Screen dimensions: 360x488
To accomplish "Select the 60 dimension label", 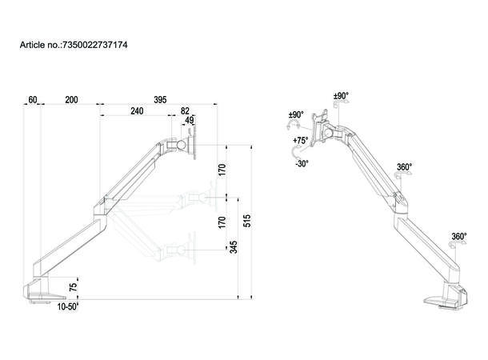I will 33,100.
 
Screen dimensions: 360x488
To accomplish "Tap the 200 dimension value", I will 71,100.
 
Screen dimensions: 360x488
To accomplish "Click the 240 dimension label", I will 137,112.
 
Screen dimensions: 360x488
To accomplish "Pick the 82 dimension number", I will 185,112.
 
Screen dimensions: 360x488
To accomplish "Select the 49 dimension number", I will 190,122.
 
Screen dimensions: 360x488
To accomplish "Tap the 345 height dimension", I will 233,246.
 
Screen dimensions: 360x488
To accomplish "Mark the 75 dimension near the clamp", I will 74,286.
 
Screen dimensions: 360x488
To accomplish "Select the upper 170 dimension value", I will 222,170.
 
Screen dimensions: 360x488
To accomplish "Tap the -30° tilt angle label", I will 302,163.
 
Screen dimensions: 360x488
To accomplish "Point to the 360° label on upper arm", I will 405,168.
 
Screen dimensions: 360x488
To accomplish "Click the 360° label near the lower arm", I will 458,237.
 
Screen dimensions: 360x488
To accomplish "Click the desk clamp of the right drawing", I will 444,298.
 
